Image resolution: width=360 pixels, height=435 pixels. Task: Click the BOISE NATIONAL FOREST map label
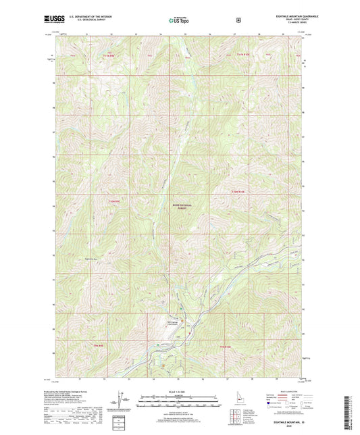[x=181, y=208]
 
